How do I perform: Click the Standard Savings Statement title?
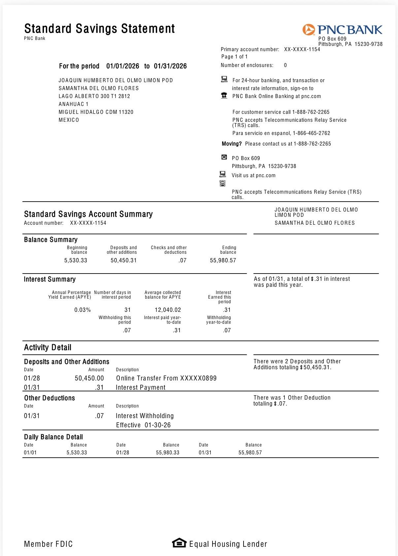[99, 29]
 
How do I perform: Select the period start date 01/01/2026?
[123, 66]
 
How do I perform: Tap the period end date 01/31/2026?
[170, 66]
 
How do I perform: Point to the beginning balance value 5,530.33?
[76, 260]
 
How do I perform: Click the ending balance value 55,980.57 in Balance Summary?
[223, 260]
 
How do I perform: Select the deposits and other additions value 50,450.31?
[124, 260]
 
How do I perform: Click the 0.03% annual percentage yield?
[83, 310]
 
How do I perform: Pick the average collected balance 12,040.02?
[168, 310]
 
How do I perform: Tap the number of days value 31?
[128, 310]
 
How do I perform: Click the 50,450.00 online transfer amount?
[89, 378]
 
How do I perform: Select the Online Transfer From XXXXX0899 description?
[166, 378]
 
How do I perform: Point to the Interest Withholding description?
[145, 416]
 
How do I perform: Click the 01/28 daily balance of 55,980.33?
[168, 452]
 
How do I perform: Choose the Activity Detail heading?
[48, 347]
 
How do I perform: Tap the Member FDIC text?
[48, 544]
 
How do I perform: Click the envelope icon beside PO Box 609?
[224, 157]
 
